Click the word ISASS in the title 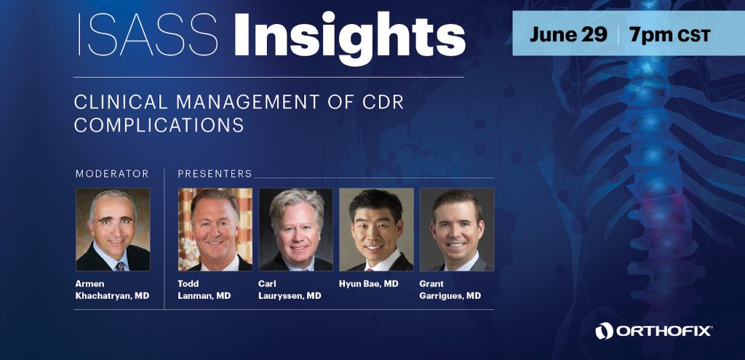point(147,35)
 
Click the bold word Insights point(350,38)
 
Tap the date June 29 point(568,35)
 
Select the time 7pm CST point(669,35)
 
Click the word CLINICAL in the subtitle point(121,102)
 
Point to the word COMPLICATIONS point(159,125)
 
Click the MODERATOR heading point(112,174)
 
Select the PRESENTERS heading point(215,174)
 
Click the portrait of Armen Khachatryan point(113,229)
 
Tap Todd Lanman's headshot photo point(215,229)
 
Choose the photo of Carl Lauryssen point(295,229)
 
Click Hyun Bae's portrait point(376,229)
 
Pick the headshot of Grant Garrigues point(457,229)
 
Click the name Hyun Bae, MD point(369,284)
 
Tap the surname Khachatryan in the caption point(103,296)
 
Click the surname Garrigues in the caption point(442,296)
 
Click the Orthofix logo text point(664,331)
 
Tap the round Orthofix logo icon point(605,331)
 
